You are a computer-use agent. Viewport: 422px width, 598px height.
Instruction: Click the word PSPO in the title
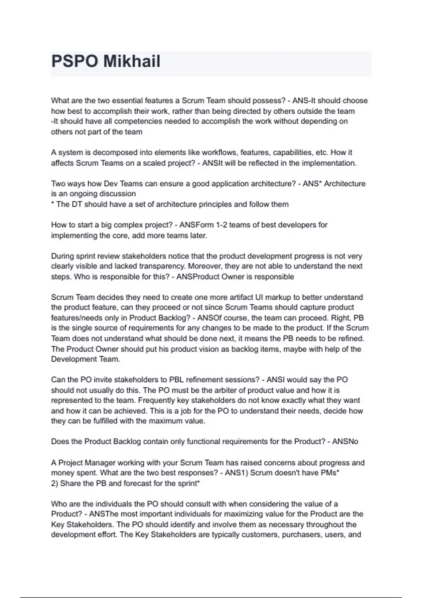pos(75,61)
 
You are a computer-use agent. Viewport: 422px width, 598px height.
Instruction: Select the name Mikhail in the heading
pos(132,61)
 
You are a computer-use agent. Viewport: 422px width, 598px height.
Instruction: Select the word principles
pos(217,204)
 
